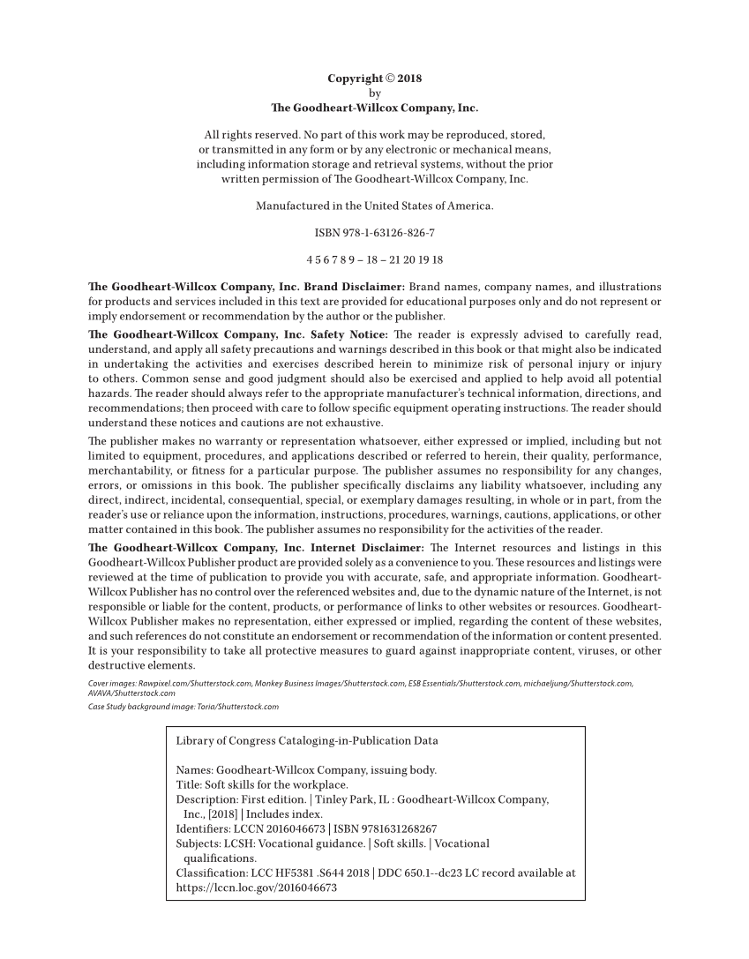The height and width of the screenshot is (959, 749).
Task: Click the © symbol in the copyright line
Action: pyautogui.click(x=388, y=79)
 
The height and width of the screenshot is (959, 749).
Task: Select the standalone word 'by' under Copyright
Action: pyautogui.click(x=374, y=93)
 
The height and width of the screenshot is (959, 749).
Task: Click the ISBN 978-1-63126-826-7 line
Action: pyautogui.click(x=374, y=234)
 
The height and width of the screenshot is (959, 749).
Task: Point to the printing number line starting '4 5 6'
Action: pyautogui.click(x=374, y=261)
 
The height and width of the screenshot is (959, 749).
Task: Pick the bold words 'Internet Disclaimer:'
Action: pyautogui.click(x=371, y=548)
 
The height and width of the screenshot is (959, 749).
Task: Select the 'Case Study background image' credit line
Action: pyautogui.click(x=184, y=707)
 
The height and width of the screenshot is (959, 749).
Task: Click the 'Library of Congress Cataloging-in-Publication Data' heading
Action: pyautogui.click(x=307, y=741)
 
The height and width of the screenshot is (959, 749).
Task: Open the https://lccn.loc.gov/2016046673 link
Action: pyautogui.click(x=257, y=888)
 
